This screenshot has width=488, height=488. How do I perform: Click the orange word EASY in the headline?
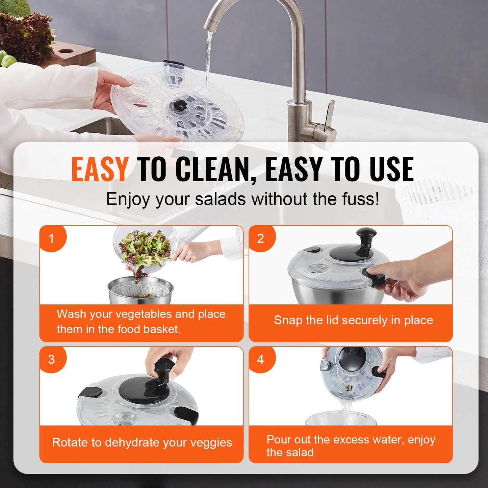(x=100, y=169)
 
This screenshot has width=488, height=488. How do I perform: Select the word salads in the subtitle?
(x=220, y=199)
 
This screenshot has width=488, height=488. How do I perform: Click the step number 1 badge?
(x=52, y=238)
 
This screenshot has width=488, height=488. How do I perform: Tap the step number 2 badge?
(x=260, y=238)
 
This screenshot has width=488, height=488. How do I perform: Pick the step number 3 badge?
(x=51, y=359)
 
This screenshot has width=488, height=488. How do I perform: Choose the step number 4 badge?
(x=260, y=359)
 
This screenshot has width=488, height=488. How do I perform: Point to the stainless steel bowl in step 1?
(x=140, y=290)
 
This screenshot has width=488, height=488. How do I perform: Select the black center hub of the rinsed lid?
(x=178, y=106)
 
